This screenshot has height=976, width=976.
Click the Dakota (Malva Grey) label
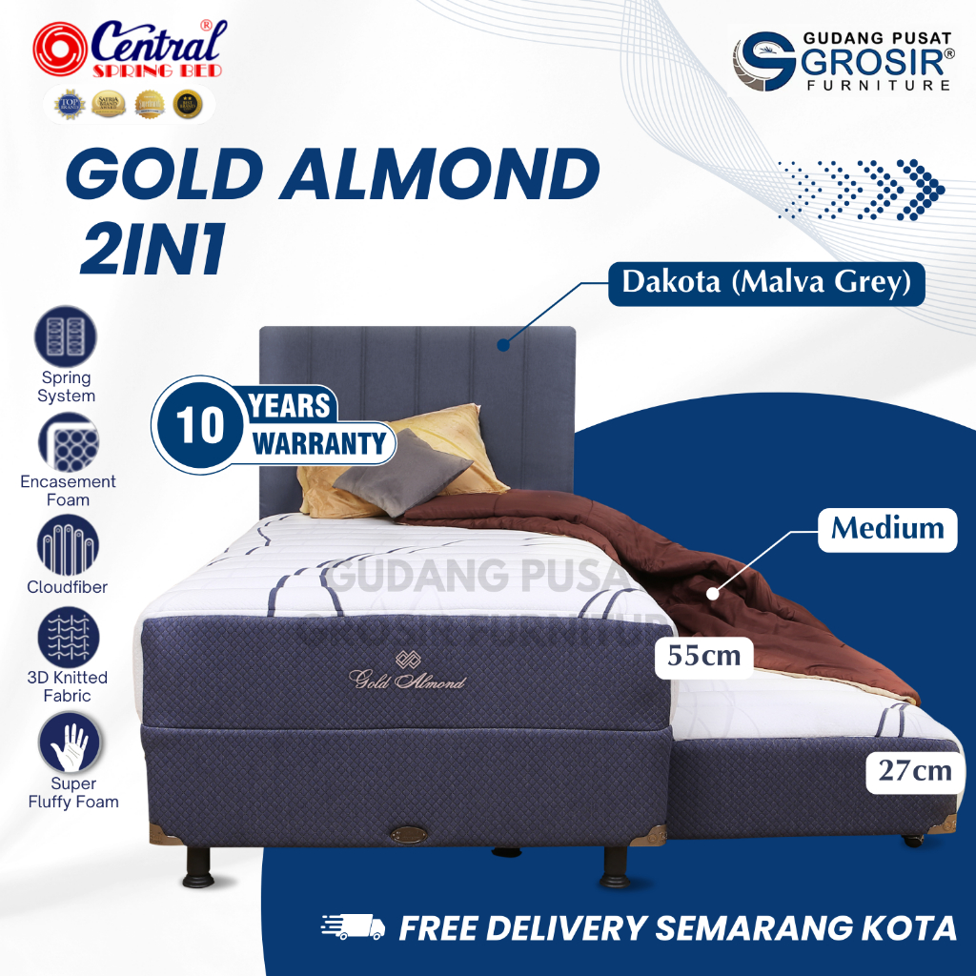(x=766, y=283)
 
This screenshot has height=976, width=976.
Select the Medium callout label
(x=886, y=527)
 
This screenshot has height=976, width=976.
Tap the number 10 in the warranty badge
(x=200, y=425)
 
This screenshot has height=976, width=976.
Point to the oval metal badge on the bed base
(x=409, y=834)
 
